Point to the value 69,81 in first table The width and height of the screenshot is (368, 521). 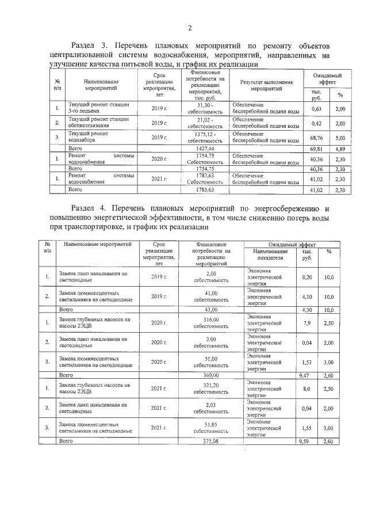point(316,149)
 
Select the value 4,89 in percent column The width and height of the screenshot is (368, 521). point(340,149)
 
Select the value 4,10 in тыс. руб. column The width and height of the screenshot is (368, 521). point(307,296)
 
